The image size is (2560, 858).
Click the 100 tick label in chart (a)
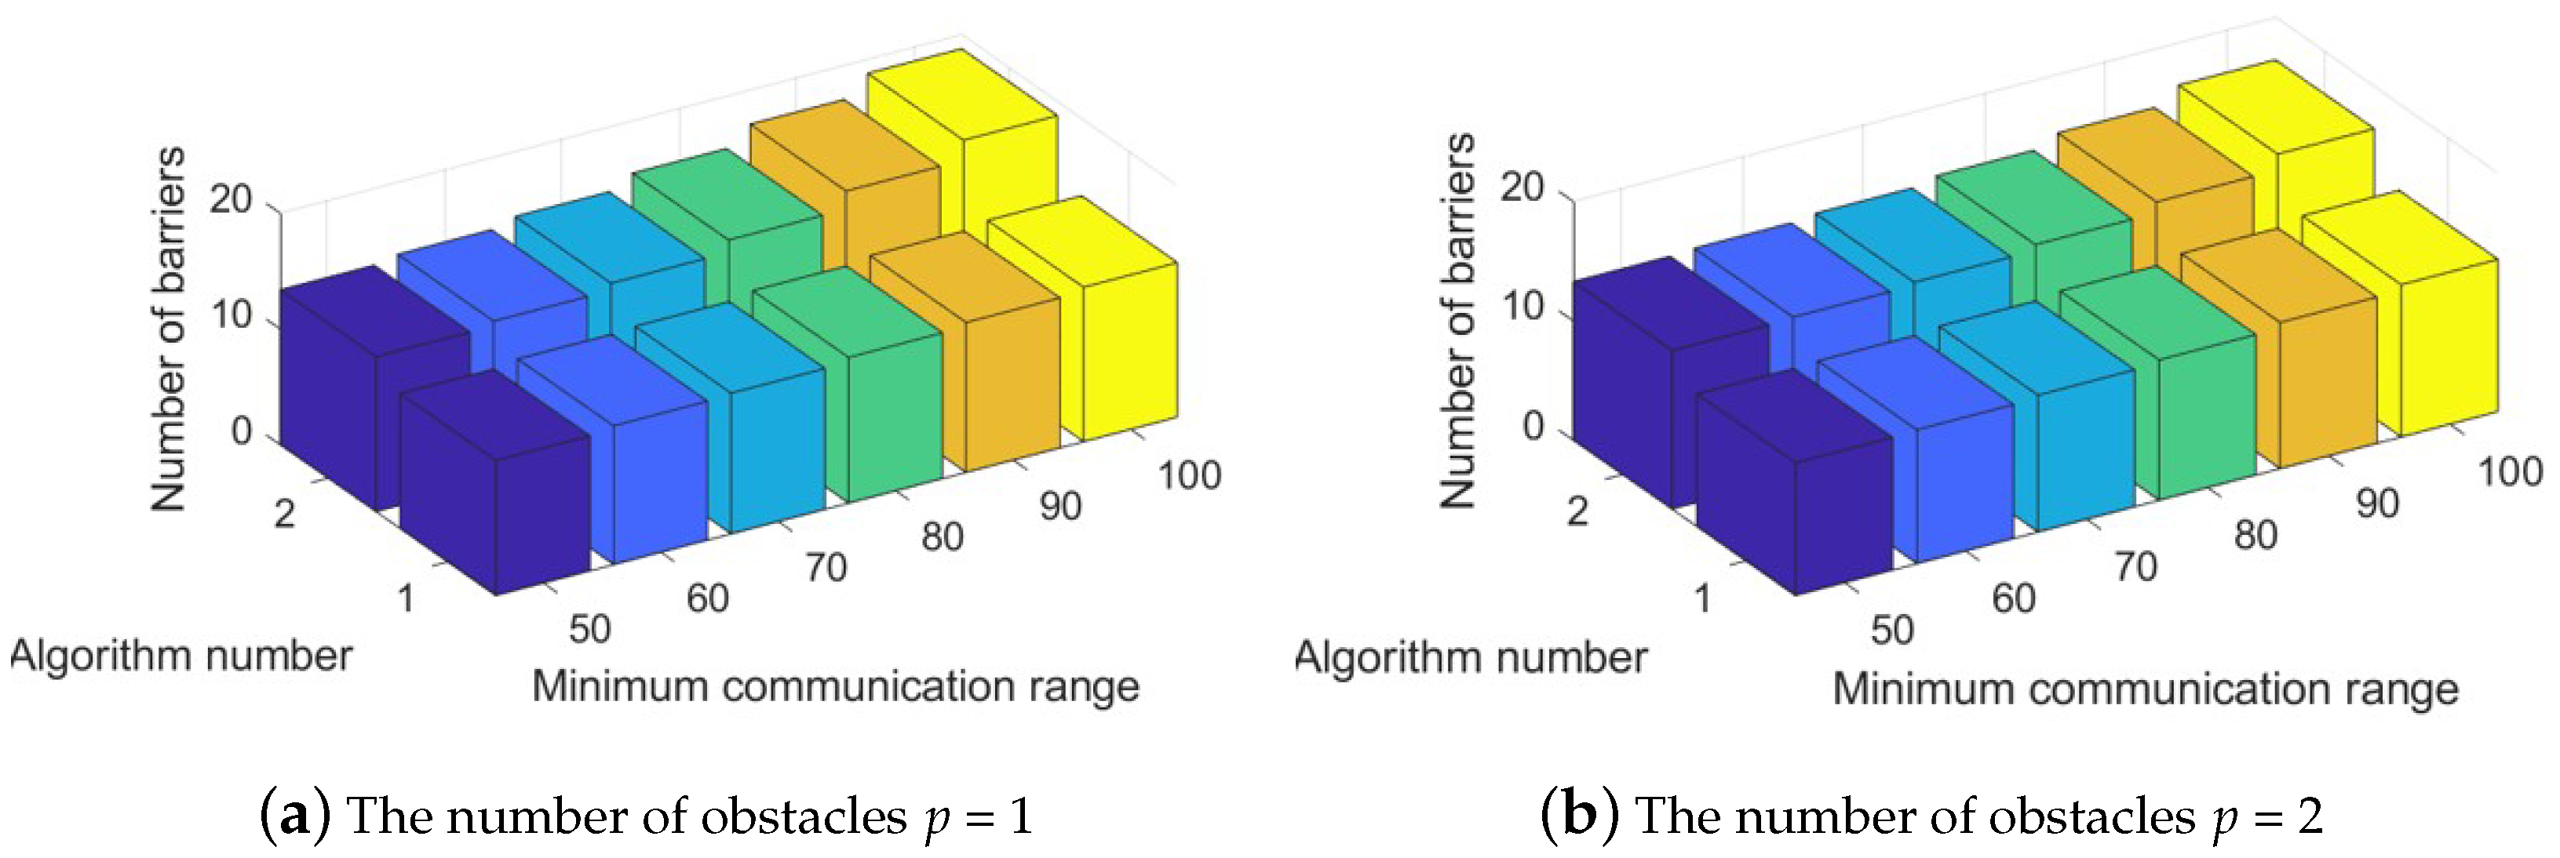(x=1188, y=476)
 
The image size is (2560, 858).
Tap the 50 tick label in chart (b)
(x=1891, y=630)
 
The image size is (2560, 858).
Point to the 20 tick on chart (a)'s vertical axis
(x=231, y=200)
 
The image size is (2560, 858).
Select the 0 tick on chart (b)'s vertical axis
(x=1533, y=426)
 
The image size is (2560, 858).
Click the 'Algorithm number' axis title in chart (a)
(x=181, y=656)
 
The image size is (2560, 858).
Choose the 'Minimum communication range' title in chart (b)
(x=2145, y=688)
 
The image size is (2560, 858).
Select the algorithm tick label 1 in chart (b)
(x=1702, y=598)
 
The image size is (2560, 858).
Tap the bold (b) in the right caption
(x=1579, y=816)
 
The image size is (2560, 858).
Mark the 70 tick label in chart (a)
(x=826, y=568)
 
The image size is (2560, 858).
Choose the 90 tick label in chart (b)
(x=2377, y=504)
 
